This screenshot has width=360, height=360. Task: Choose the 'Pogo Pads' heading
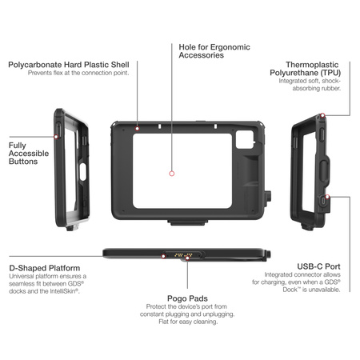(186, 295)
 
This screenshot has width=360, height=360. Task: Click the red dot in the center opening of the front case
(171, 173)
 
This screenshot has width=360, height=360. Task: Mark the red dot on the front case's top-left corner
(138, 127)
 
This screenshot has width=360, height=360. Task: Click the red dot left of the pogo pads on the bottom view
(164, 256)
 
